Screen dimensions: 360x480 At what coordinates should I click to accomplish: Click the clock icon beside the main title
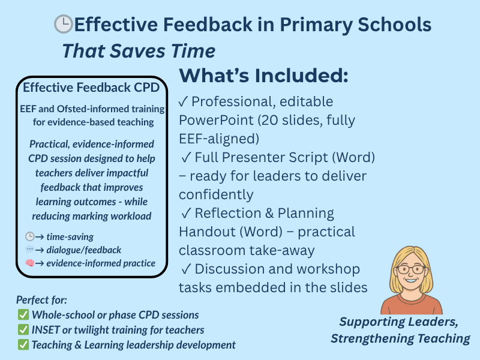pyautogui.click(x=63, y=24)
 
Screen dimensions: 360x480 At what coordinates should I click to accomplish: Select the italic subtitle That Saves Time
pyautogui.click(x=139, y=51)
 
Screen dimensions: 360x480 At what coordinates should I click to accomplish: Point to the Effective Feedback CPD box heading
pyautogui.click(x=91, y=88)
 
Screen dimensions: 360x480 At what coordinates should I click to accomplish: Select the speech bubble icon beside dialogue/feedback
pyautogui.click(x=29, y=250)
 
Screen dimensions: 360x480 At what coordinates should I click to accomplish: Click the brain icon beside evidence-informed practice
pyautogui.click(x=29, y=263)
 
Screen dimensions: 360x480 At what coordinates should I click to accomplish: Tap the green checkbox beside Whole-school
pyautogui.click(x=23, y=315)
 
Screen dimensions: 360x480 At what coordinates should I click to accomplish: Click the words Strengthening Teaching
pyautogui.click(x=400, y=338)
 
